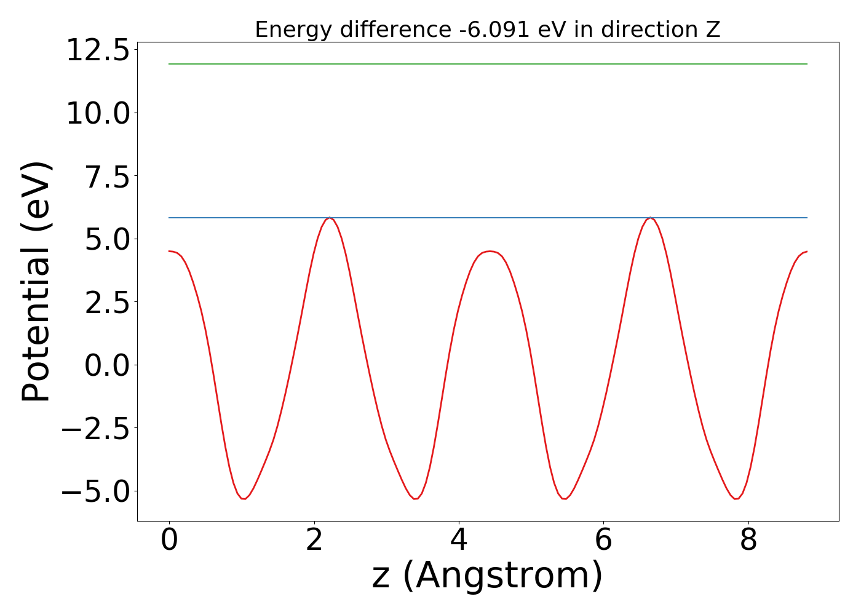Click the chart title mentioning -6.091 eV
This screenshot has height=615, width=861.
pos(487,30)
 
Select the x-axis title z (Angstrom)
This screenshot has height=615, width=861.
pos(487,576)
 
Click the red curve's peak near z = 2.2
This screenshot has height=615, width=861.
pos(330,218)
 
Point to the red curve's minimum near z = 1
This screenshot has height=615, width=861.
pos(244,499)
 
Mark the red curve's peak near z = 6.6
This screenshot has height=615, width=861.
pos(651,218)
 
